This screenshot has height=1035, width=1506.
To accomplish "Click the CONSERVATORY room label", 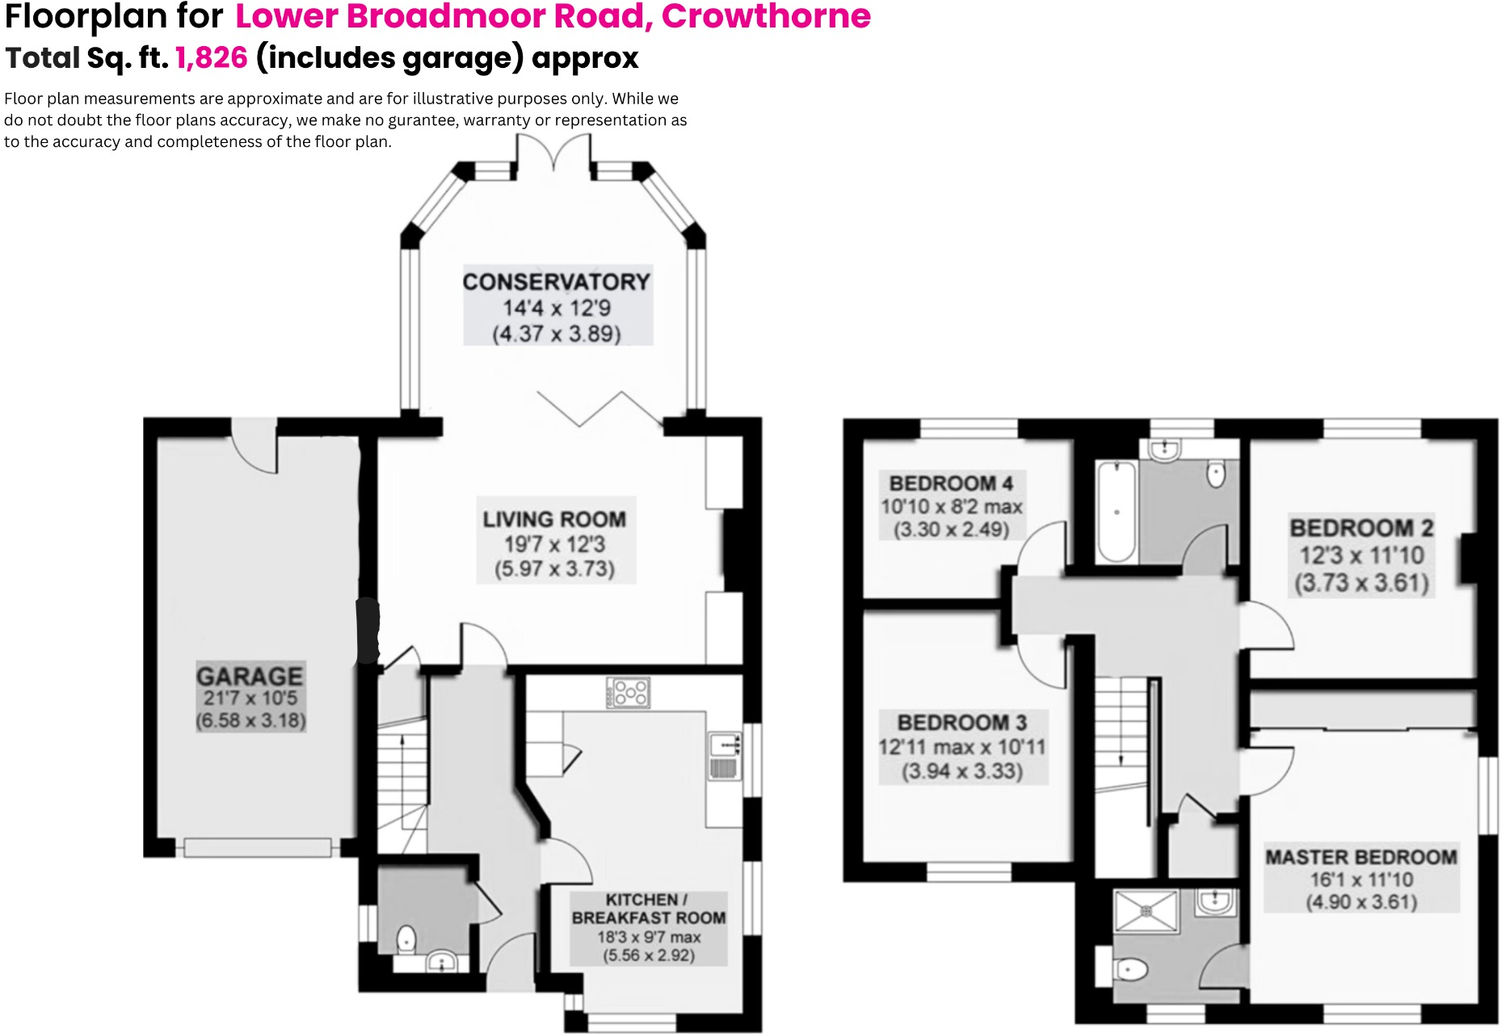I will click(556, 282).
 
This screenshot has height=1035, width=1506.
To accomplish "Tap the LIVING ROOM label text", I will click(554, 520).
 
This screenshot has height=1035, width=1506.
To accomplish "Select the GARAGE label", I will click(250, 675).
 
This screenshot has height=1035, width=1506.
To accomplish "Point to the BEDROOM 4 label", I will click(951, 483).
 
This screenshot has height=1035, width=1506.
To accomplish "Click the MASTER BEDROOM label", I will click(1361, 857).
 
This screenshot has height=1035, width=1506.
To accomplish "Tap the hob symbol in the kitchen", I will click(629, 692).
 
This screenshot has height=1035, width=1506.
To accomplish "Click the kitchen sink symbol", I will click(725, 755).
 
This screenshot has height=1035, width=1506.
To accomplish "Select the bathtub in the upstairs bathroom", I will click(1117, 511).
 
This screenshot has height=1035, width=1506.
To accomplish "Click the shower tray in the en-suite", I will click(1146, 911).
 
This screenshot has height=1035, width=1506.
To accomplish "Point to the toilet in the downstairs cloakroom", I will click(406, 939).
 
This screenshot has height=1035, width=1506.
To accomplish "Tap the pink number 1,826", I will click(211, 58).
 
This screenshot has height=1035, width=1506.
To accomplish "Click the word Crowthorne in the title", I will click(766, 16).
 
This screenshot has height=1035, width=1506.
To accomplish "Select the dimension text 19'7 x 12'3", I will click(554, 545).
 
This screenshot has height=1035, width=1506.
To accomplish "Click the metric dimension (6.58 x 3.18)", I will click(250, 721).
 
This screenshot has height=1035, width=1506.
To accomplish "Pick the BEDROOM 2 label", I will click(1361, 528).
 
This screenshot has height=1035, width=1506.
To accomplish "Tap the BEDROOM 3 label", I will click(962, 722).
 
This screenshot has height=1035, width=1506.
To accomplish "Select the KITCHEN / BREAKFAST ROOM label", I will click(648, 909).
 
